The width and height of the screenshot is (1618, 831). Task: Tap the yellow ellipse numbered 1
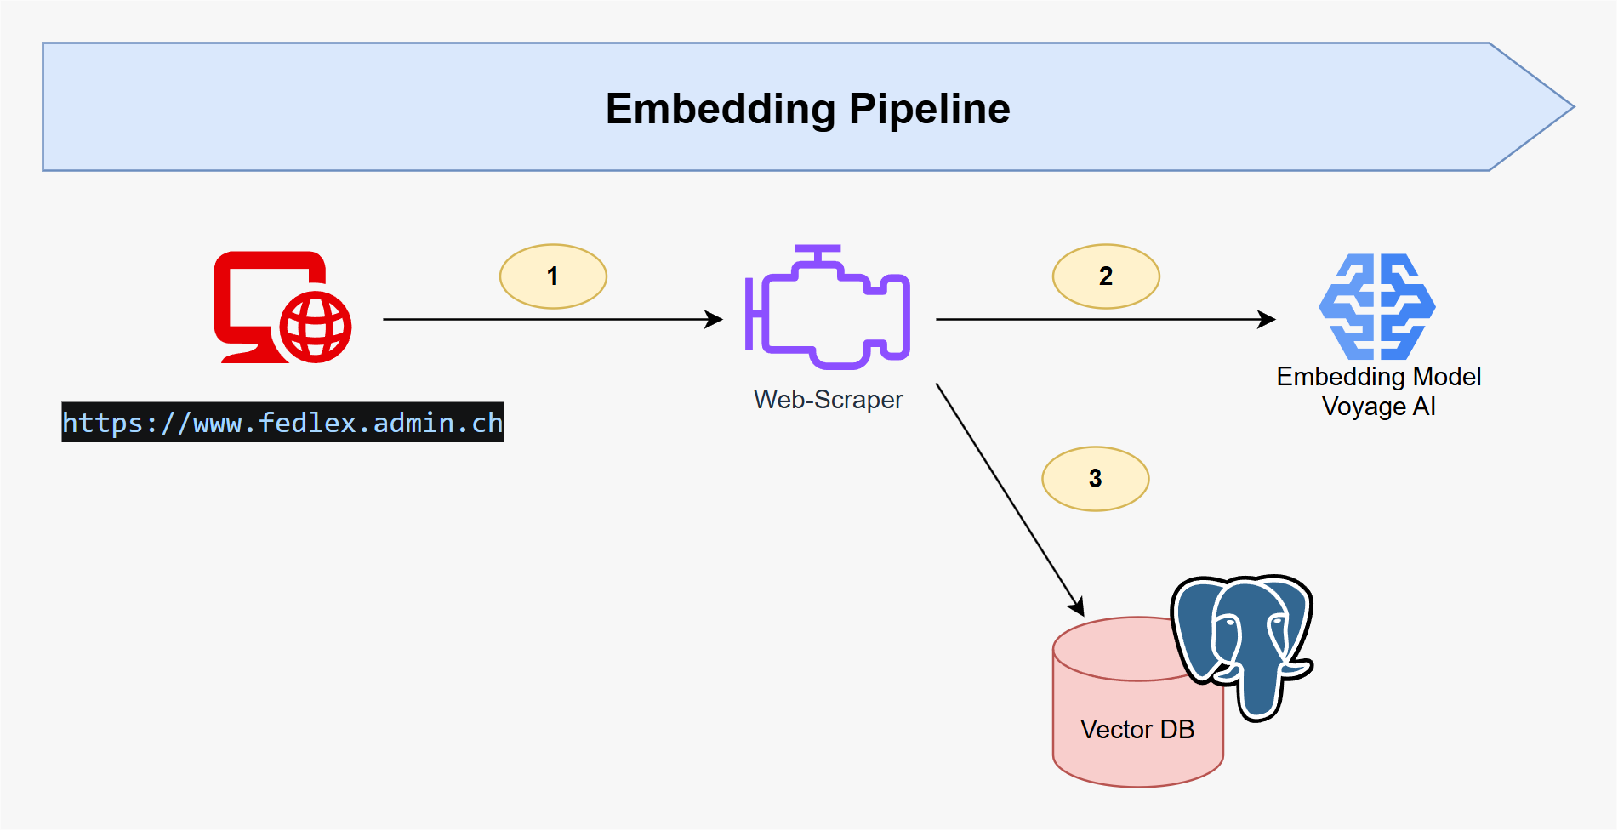[x=553, y=276]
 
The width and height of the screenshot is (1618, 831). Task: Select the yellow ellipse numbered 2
[x=1106, y=276]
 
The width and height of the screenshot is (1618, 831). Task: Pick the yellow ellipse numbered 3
[x=1095, y=479]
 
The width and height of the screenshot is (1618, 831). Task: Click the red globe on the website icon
[x=316, y=327]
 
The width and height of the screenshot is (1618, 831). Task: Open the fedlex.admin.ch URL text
[x=282, y=423]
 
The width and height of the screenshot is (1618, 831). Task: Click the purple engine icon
[x=828, y=310]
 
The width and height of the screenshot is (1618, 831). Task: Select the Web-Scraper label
[x=828, y=400]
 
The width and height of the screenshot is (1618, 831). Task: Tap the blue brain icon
[x=1377, y=306]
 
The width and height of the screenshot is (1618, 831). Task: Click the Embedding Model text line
[x=1378, y=377]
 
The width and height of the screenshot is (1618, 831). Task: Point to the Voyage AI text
[x=1378, y=407]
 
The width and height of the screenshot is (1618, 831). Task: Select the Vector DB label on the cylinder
[x=1137, y=730]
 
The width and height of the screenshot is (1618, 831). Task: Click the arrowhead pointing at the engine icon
[x=715, y=320]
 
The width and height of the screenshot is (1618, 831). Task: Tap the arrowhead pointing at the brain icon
[x=1268, y=320]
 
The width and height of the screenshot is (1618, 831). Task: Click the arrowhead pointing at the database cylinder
[x=1078, y=607]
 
